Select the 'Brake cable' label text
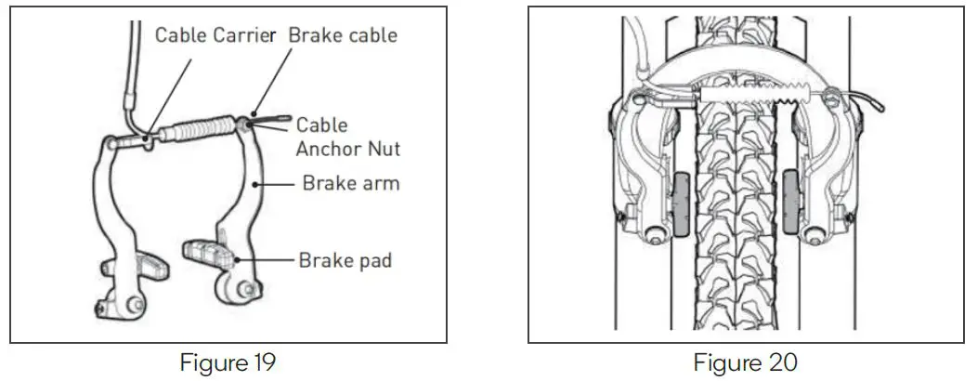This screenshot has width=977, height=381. click(x=343, y=35)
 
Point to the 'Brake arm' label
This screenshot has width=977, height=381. click(x=350, y=183)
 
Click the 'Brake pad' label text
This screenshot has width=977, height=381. click(x=345, y=260)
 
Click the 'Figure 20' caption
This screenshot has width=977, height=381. click(x=745, y=361)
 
